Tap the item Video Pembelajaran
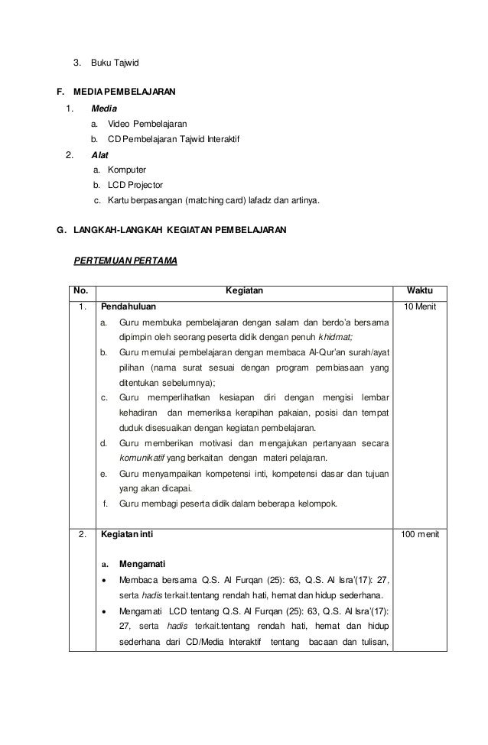(x=147, y=124)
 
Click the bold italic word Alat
(x=99, y=153)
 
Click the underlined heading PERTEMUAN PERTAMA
(x=125, y=261)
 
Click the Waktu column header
(x=420, y=291)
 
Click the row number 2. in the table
(x=81, y=535)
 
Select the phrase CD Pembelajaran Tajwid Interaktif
(x=174, y=139)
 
